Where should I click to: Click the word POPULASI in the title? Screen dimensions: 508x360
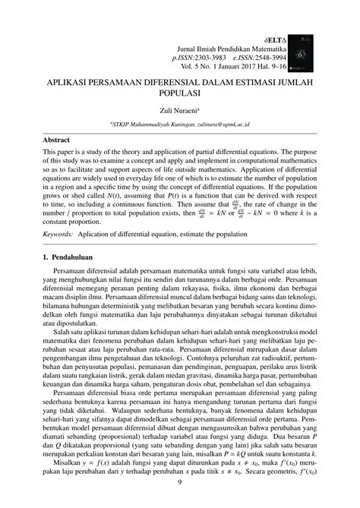pos(180,93)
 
